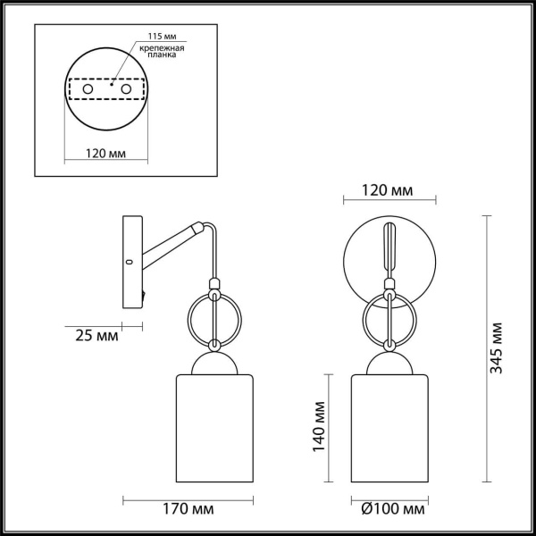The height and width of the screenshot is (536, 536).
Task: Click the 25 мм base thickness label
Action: pyautogui.click(x=93, y=336)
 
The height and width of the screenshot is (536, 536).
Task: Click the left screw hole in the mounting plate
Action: pyautogui.click(x=87, y=90)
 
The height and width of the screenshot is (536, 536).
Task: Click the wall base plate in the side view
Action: pyautogui.click(x=130, y=263)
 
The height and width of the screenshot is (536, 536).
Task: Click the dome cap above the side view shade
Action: pyautogui.click(x=214, y=363)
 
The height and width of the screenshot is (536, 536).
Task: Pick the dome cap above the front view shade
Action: pyautogui.click(x=390, y=363)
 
